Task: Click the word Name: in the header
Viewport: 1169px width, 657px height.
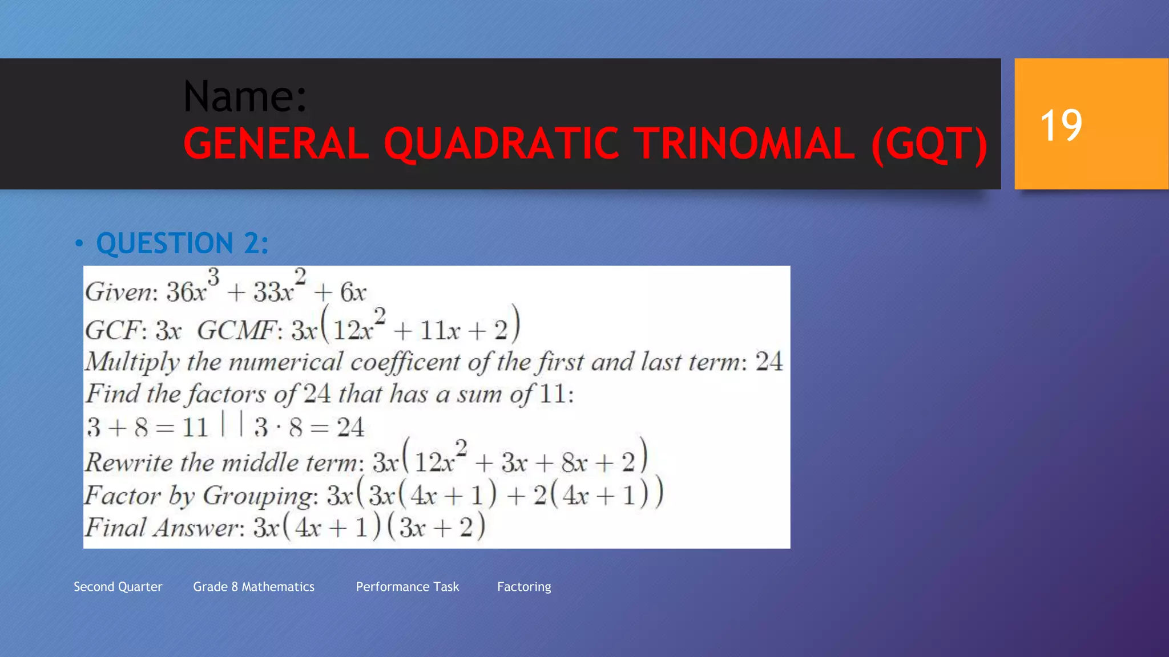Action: coord(245,96)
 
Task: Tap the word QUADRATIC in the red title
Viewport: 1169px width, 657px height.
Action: coord(501,143)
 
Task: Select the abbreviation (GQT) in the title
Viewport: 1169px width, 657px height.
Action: coord(929,145)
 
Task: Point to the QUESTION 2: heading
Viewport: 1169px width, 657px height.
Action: coord(182,244)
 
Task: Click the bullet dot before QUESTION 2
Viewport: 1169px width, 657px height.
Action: coord(79,244)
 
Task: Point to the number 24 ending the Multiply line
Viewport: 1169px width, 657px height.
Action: coord(768,362)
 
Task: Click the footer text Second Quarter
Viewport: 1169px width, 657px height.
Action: coord(118,587)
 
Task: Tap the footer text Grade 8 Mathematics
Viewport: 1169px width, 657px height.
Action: coord(253,587)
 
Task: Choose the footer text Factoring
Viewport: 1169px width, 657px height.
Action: coord(523,587)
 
